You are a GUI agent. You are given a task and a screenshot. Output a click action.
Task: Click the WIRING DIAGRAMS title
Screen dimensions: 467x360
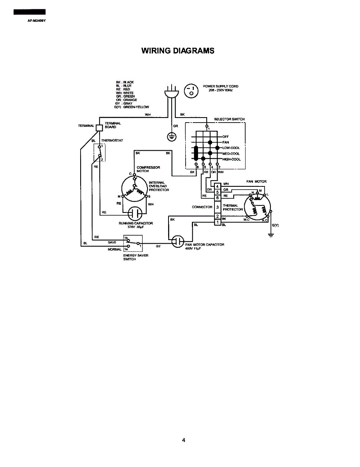coord(178,51)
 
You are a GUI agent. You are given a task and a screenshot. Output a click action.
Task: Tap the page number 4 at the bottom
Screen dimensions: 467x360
coord(183,440)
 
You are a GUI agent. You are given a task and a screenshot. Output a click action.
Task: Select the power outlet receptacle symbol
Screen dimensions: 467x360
coord(191,91)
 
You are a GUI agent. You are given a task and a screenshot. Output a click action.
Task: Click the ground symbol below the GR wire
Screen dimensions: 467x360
coord(172,136)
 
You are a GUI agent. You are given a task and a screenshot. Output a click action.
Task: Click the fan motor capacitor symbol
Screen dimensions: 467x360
coord(178,241)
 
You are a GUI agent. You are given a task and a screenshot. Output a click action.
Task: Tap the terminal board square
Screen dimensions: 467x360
coord(99,127)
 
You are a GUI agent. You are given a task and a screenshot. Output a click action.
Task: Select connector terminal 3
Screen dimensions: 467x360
coord(218,207)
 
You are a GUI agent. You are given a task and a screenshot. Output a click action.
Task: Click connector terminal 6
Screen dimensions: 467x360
coord(218,197)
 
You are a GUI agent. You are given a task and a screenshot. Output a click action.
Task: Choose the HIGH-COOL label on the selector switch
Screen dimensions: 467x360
coord(232,159)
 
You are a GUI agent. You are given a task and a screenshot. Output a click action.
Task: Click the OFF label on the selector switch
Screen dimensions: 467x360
coord(226,137)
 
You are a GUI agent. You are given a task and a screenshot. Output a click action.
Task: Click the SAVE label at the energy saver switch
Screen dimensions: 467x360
coord(112,242)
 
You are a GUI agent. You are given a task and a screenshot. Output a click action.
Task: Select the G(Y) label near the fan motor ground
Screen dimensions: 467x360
coord(275,225)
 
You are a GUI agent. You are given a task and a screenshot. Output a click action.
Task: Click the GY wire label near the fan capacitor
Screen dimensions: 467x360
coord(158,246)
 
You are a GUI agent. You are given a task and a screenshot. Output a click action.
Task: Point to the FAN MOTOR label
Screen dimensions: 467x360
coord(256,181)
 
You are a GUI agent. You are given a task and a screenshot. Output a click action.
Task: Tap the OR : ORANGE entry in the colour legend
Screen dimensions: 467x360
coord(129,100)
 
